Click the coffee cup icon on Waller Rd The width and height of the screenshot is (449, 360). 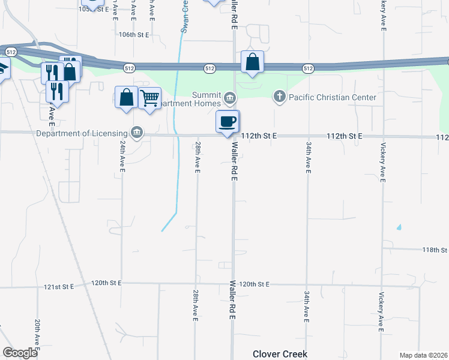point(228,122)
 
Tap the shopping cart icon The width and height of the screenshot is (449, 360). point(149,97)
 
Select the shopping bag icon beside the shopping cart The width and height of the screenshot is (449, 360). point(127,97)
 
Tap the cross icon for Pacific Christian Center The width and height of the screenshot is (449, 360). point(279,96)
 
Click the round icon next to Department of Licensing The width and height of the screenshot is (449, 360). point(137,133)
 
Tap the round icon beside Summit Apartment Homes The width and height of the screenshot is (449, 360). point(230,98)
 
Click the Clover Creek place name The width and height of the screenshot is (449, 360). point(280,354)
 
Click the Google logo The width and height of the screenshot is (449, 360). point(20,353)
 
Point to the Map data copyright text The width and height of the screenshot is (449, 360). point(423,355)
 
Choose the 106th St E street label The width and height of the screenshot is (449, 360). point(133,35)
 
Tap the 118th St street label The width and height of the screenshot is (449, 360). point(435,250)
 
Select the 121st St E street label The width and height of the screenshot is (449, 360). point(58,287)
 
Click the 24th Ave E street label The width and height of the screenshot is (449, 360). point(122,158)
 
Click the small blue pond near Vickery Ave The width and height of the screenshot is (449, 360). point(398,227)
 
